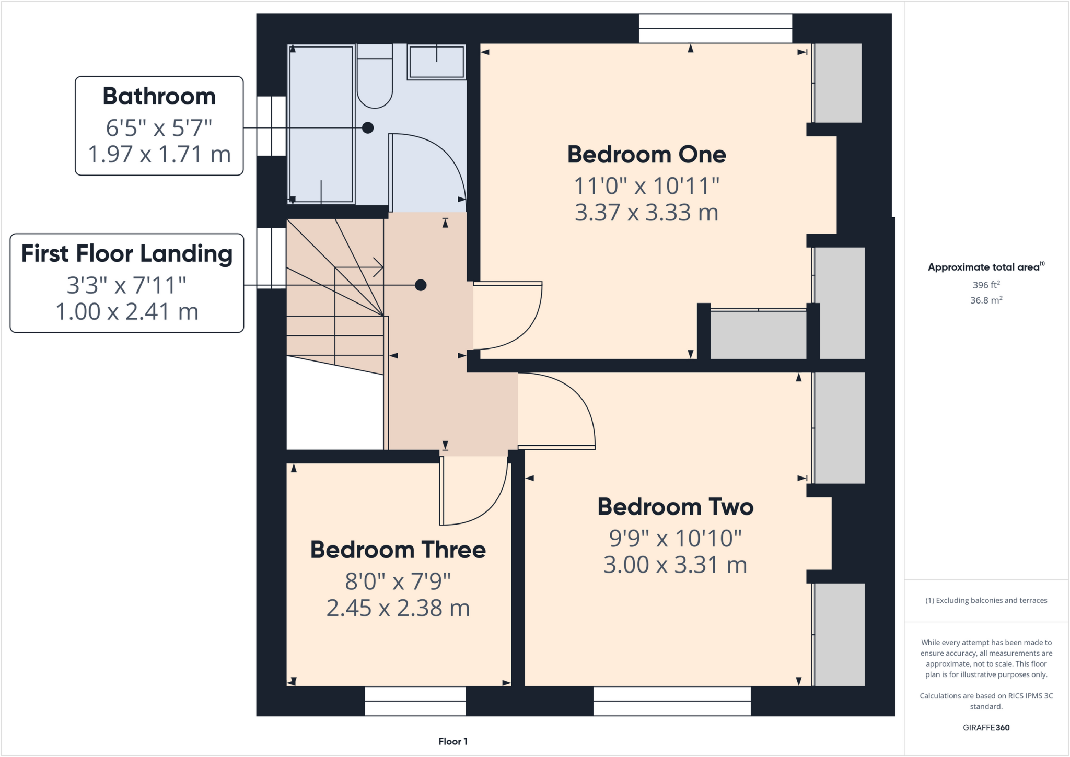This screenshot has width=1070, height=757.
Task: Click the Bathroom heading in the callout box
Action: click(x=159, y=97)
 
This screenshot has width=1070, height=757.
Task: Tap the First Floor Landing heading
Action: click(x=127, y=254)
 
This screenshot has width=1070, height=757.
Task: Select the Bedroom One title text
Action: click(x=647, y=155)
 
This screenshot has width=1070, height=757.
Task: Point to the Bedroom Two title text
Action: click(x=676, y=507)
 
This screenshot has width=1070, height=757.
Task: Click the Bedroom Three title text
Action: click(x=398, y=550)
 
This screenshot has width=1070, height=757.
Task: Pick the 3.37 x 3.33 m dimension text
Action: click(x=647, y=213)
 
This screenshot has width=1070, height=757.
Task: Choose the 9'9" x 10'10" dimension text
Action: click(x=676, y=538)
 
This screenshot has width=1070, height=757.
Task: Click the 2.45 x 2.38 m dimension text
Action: click(x=398, y=608)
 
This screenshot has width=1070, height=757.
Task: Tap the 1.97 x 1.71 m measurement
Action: click(x=159, y=155)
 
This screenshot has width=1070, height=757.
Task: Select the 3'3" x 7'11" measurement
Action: click(x=127, y=285)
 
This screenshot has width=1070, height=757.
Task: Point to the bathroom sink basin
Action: click(x=436, y=62)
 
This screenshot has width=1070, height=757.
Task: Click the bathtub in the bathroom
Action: click(x=321, y=124)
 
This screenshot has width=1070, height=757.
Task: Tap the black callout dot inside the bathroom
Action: click(x=368, y=127)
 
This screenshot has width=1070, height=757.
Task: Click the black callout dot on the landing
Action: click(x=421, y=285)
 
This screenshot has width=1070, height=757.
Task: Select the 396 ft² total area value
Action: click(x=986, y=285)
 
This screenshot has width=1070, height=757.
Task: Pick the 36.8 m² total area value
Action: click(x=986, y=300)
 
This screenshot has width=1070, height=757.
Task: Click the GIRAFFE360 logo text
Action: click(x=986, y=727)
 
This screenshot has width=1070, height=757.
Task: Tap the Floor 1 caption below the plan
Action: click(x=453, y=741)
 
